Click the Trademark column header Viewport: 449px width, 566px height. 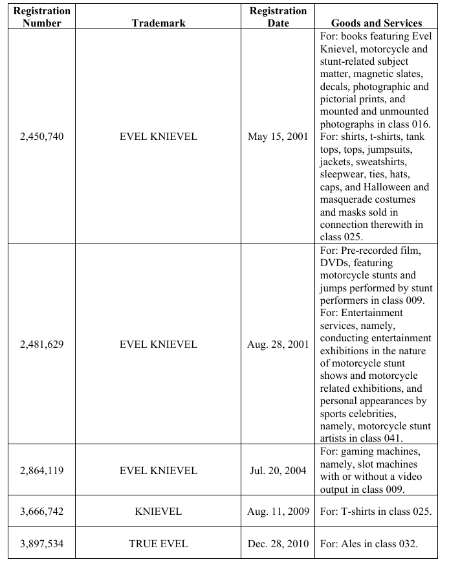click(x=159, y=23)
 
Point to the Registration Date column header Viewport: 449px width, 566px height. click(x=278, y=17)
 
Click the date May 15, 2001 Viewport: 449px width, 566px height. click(x=278, y=137)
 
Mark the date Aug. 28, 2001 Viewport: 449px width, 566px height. click(x=278, y=345)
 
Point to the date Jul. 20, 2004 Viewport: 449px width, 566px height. click(x=278, y=471)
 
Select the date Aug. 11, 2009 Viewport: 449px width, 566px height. click(x=278, y=512)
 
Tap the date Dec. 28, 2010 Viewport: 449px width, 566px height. click(x=278, y=543)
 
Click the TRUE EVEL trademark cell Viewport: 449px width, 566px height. click(x=159, y=543)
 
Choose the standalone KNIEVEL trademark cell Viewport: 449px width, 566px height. click(x=159, y=512)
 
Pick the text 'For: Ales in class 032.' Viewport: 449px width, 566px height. click(x=369, y=543)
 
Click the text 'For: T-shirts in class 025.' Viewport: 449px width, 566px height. click(x=376, y=512)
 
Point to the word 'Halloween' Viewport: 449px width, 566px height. click(x=380, y=187)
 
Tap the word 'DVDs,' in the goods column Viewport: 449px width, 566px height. click(x=336, y=264)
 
